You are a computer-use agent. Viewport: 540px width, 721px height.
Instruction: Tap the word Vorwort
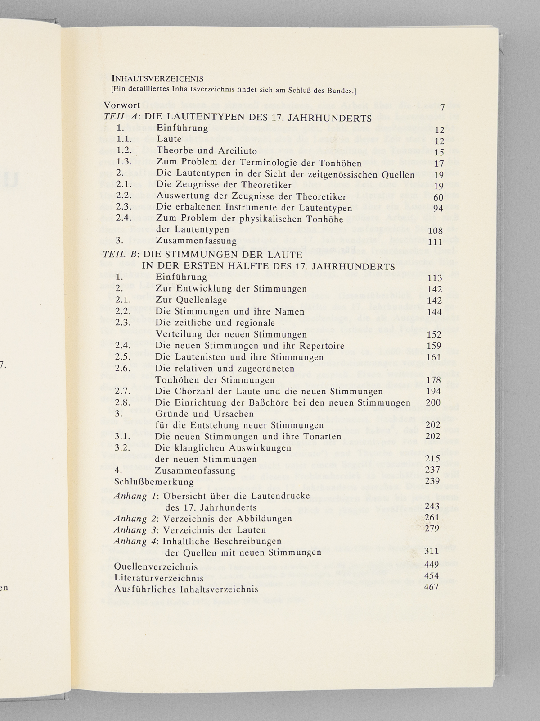[122, 105]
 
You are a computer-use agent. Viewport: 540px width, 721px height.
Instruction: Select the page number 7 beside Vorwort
[442, 107]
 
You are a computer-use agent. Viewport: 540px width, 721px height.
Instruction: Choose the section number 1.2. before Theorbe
[124, 151]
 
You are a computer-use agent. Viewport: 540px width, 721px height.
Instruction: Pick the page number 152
[434, 334]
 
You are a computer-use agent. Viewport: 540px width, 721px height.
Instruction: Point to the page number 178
[434, 380]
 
